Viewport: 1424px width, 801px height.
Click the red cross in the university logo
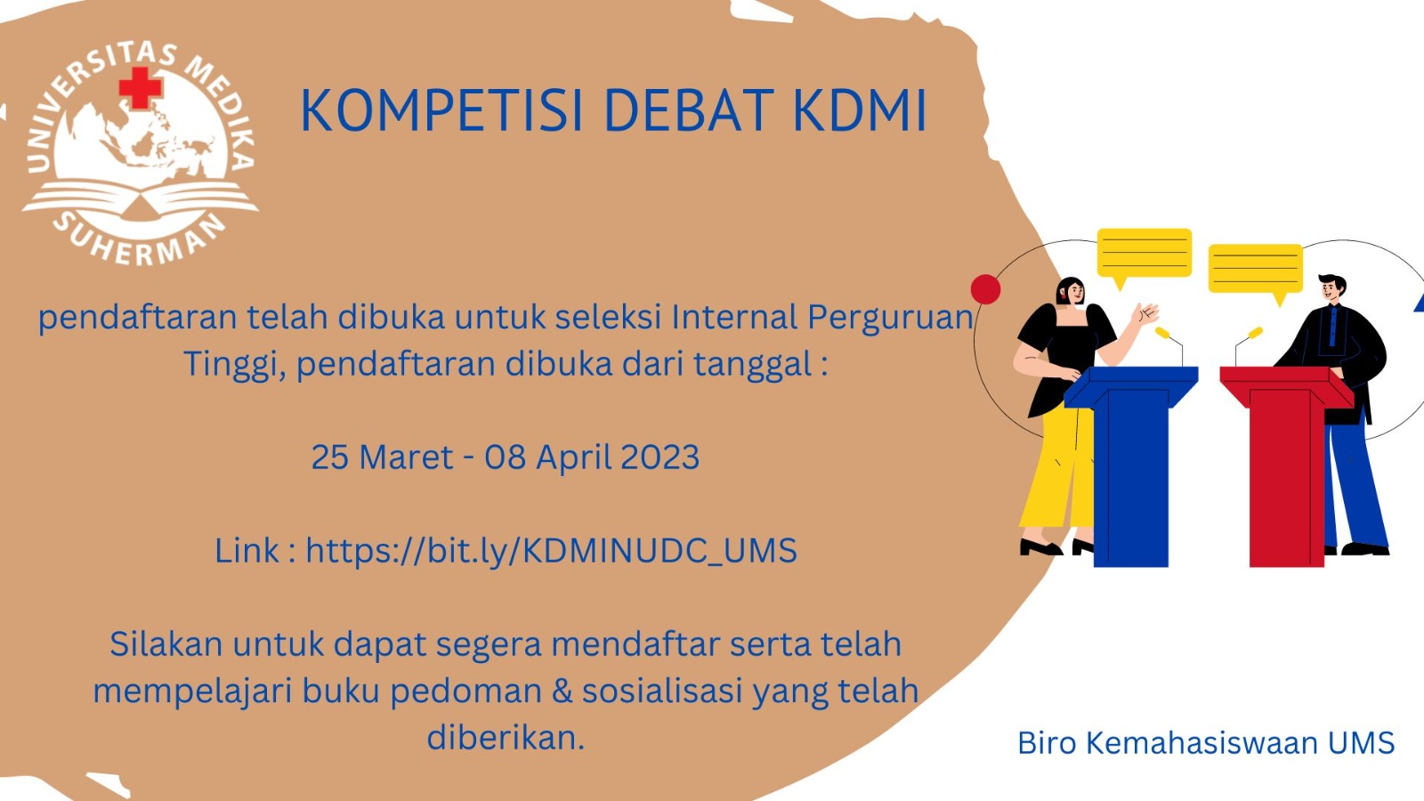pyautogui.click(x=141, y=87)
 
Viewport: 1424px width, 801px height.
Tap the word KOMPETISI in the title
pyautogui.click(x=441, y=110)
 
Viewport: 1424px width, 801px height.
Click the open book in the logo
pyautogui.click(x=140, y=198)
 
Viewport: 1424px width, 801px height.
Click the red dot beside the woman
pyautogui.click(x=985, y=289)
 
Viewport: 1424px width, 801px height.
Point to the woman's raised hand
pyautogui.click(x=1147, y=312)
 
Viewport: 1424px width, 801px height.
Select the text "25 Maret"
pyautogui.click(x=383, y=457)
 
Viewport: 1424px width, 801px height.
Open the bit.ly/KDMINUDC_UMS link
pyautogui.click(x=551, y=551)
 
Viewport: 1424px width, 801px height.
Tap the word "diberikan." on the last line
pyautogui.click(x=506, y=738)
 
